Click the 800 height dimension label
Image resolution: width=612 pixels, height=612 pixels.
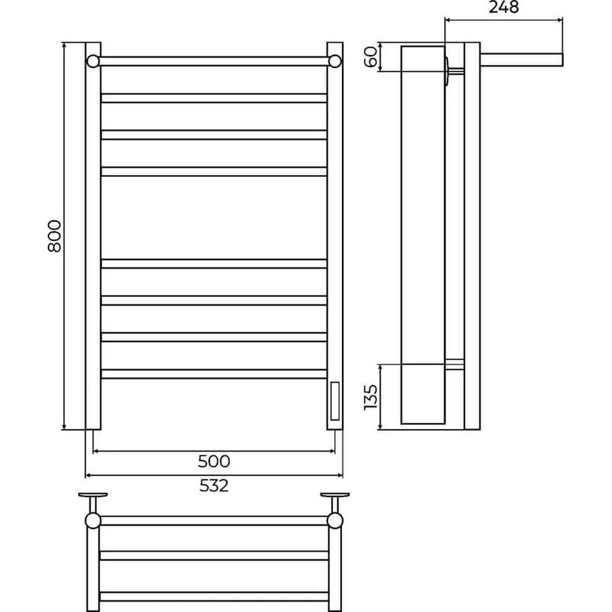tap(54, 236)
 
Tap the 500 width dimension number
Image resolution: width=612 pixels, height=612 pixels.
tap(214, 461)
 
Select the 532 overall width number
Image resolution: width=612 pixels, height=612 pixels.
tap(214, 486)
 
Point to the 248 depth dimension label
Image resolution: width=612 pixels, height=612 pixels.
tap(504, 7)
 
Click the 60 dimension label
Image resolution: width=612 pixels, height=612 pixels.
tap(371, 56)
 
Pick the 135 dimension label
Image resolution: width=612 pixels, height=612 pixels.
tap(371, 397)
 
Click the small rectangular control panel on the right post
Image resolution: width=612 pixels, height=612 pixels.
tap(335, 401)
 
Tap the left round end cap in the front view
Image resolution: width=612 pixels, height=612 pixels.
tap(93, 61)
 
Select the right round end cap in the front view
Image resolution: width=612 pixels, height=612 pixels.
tap(335, 61)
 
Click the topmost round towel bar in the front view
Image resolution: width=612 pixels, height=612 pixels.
tap(214, 61)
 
